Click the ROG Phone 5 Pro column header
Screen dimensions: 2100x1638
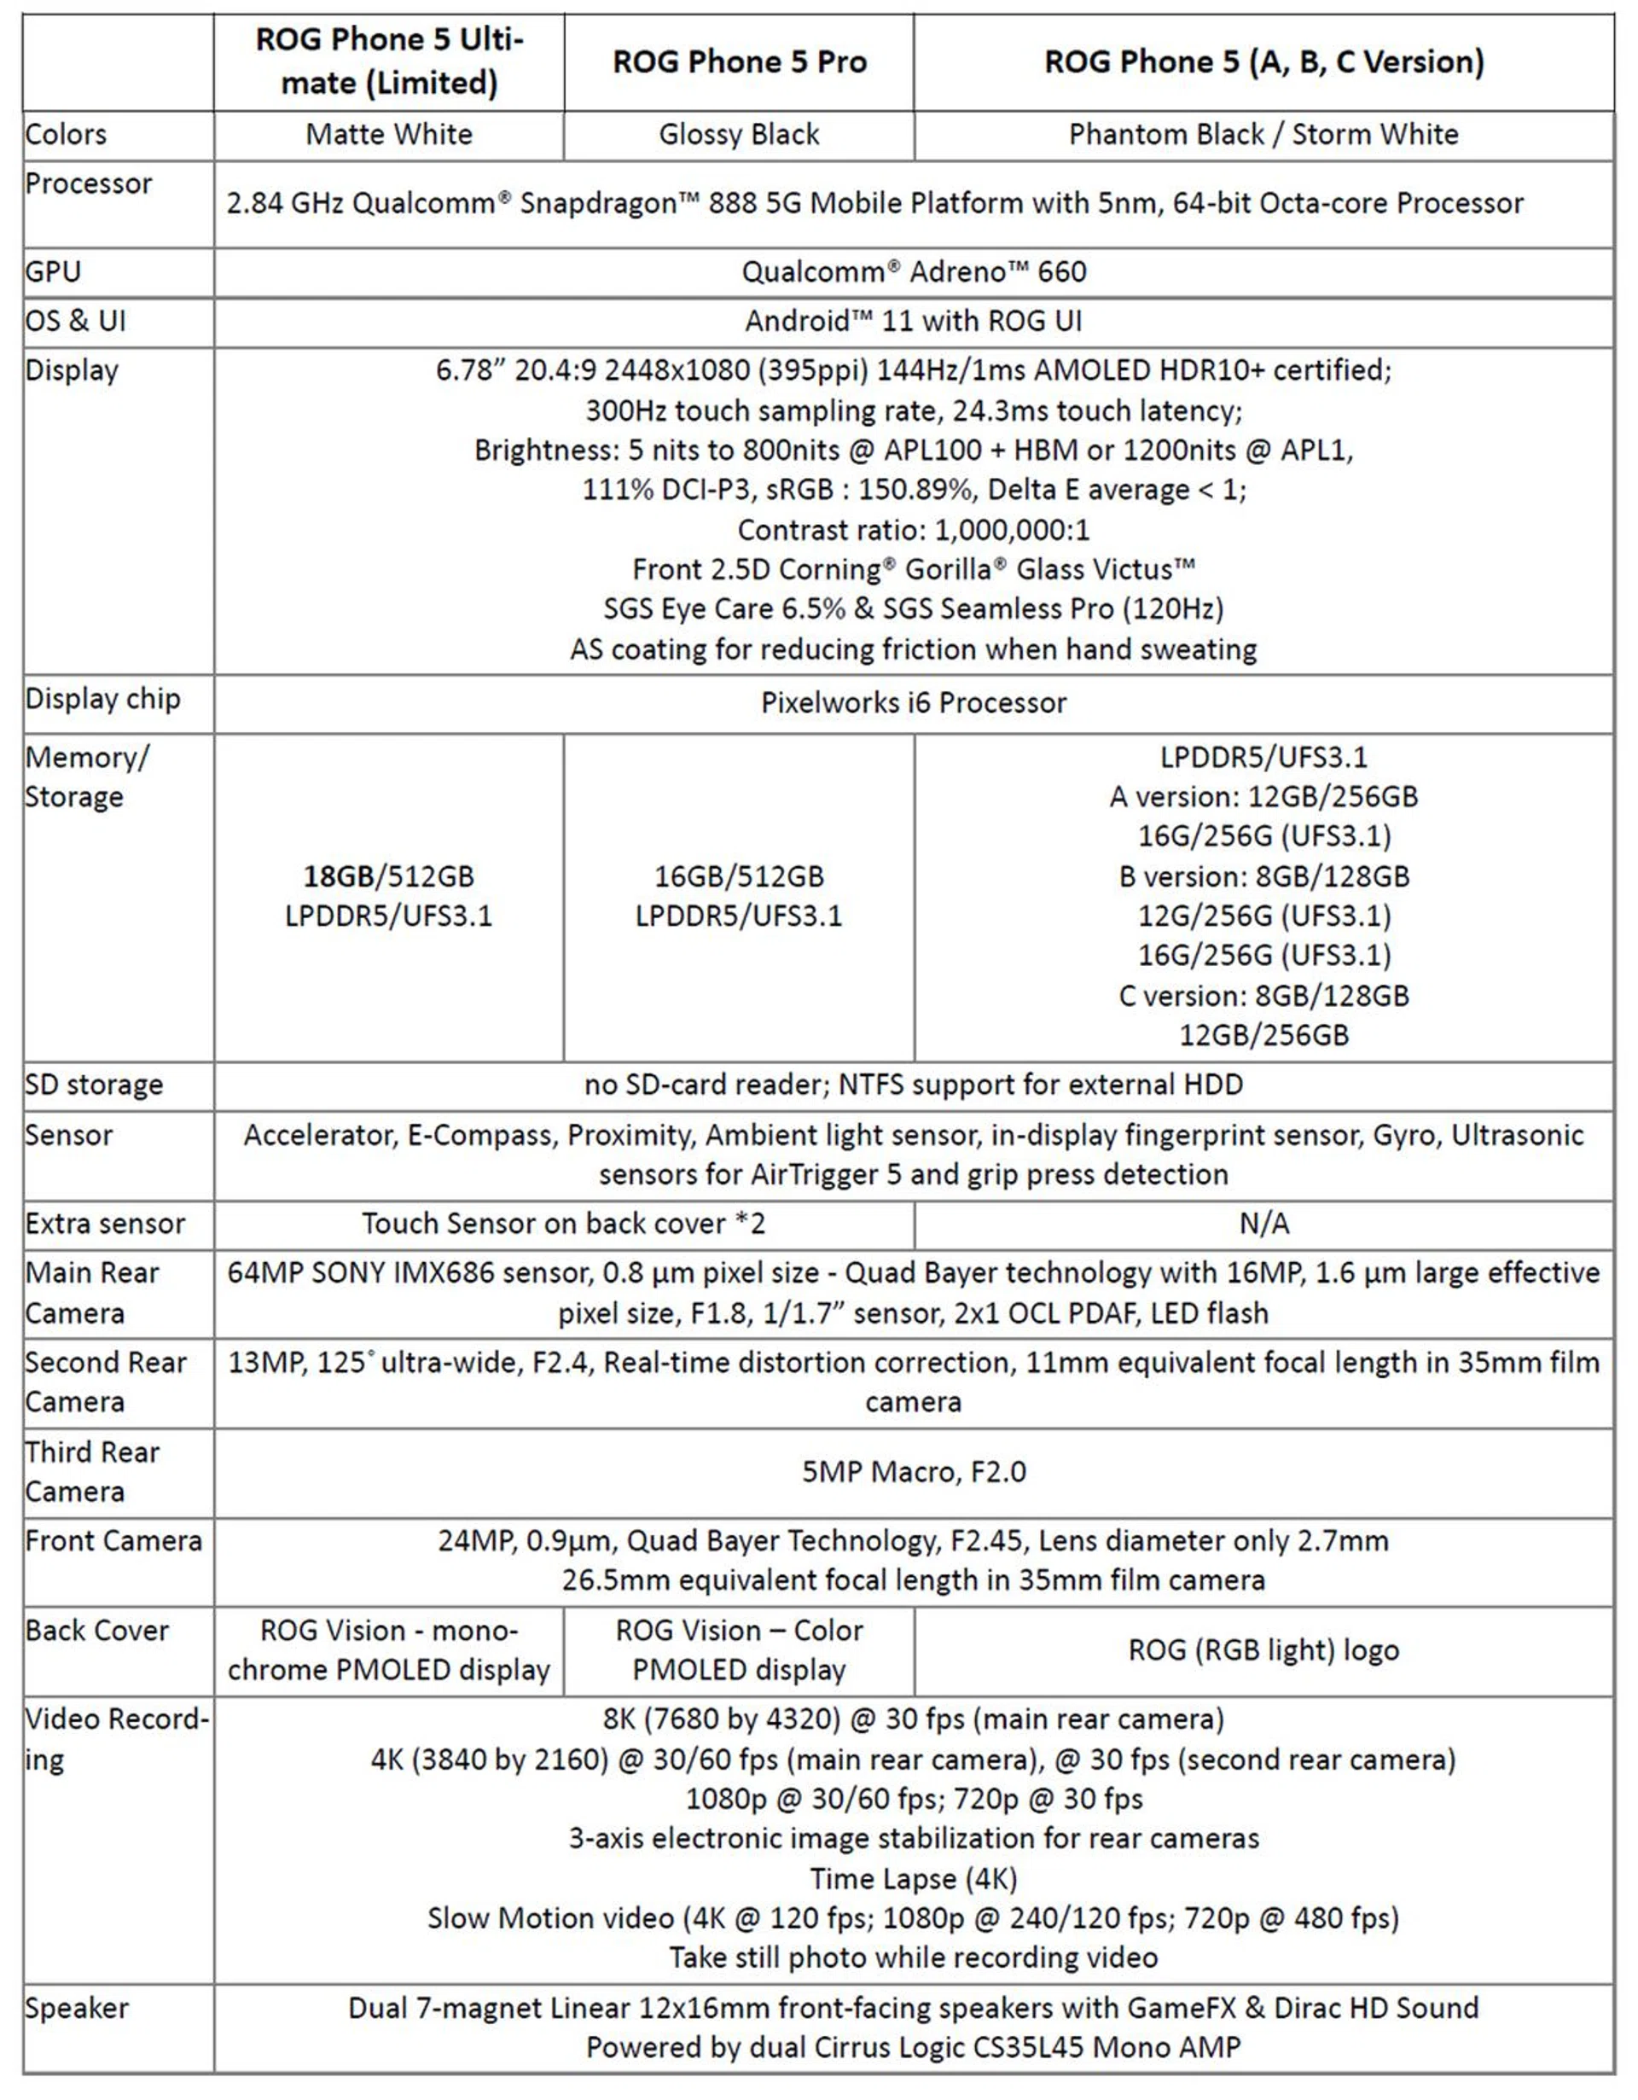tap(739, 62)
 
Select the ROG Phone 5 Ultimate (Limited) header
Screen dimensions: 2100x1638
tap(389, 61)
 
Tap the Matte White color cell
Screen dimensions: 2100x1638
tap(389, 135)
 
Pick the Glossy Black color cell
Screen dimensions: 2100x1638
tap(739, 135)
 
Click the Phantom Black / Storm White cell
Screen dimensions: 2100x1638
tap(1263, 135)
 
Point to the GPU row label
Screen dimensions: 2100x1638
tap(54, 272)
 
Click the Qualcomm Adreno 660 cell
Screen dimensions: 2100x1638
tap(913, 272)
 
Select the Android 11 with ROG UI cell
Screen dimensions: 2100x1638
tap(913, 321)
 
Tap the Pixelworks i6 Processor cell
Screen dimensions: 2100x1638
tap(913, 703)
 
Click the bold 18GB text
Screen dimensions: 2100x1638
tap(339, 876)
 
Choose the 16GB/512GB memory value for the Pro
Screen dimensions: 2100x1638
tap(739, 876)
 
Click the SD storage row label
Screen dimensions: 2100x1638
tap(94, 1085)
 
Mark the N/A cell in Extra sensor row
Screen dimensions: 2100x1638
tap(1263, 1223)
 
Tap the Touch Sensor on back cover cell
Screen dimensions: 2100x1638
tap(563, 1223)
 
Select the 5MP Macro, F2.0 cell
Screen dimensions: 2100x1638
tap(913, 1471)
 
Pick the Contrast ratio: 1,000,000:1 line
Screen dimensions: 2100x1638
tap(913, 530)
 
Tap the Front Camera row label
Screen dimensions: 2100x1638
tap(113, 1540)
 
